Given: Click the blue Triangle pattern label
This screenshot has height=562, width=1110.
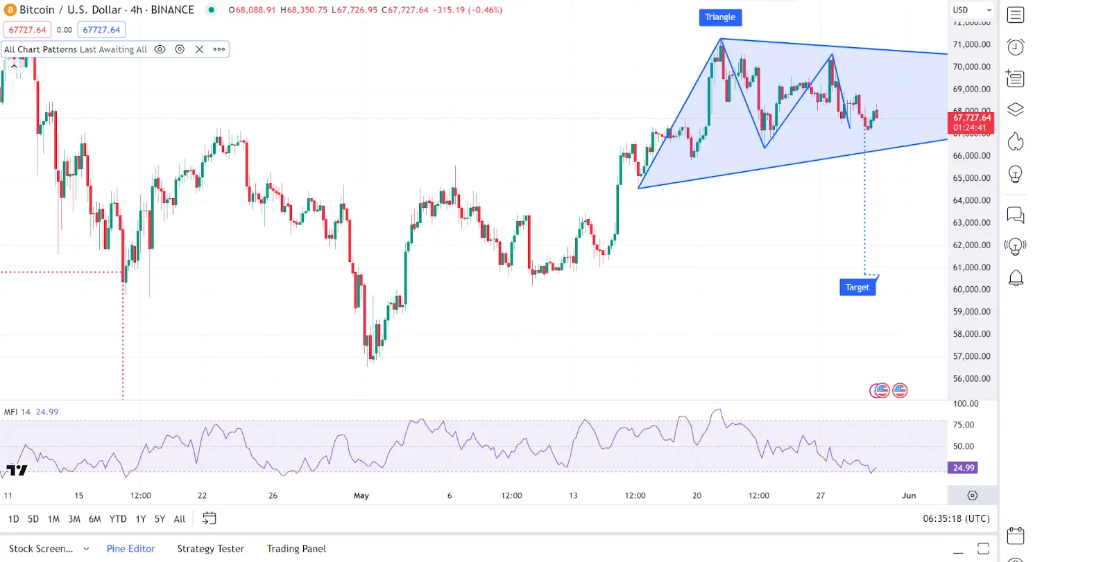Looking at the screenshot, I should click(x=719, y=17).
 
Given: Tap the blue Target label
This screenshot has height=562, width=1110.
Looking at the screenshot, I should click(x=857, y=288).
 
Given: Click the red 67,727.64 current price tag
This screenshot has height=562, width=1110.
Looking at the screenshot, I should click(x=971, y=123).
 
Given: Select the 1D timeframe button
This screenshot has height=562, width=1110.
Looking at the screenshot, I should click(x=14, y=519).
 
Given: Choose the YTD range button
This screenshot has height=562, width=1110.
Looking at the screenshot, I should click(x=118, y=519).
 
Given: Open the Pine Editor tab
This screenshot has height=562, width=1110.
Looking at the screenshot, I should click(x=130, y=549).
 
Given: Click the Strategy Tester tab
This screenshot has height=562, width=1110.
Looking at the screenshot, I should click(x=210, y=549).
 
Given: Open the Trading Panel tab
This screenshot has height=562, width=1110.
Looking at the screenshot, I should click(x=296, y=549).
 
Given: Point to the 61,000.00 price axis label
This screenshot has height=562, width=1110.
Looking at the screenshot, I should click(x=971, y=267).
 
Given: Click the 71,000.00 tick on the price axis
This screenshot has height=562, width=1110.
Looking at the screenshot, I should click(x=971, y=44).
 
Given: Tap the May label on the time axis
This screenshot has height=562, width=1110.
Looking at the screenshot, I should click(x=361, y=496).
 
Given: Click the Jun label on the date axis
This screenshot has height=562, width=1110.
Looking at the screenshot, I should click(x=909, y=496).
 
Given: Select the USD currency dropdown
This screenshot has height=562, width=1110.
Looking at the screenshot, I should click(x=971, y=10).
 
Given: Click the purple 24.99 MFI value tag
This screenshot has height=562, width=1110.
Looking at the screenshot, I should click(x=963, y=468).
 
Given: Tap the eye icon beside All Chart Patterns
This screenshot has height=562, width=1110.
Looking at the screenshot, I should click(x=160, y=49).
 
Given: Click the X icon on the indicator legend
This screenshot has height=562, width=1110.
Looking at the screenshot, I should click(x=200, y=49).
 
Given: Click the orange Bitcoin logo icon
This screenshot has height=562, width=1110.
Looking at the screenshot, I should click(x=10, y=10).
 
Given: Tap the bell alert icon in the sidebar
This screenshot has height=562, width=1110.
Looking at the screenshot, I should click(x=1016, y=278).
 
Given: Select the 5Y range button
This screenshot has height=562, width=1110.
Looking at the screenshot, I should click(x=160, y=519).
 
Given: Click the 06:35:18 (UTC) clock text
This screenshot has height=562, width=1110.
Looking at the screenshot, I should click(x=956, y=519).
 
